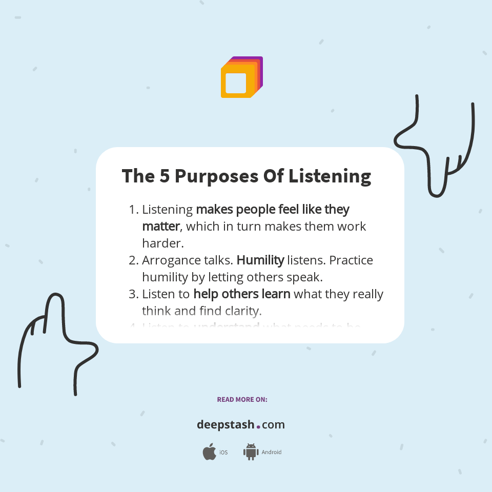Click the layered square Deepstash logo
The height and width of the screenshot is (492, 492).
click(x=241, y=77)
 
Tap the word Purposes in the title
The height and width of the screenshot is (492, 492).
click(x=216, y=176)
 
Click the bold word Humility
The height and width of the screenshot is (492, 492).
click(x=260, y=260)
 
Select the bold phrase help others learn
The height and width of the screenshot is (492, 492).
click(x=242, y=294)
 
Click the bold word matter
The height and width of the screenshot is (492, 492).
click(x=161, y=226)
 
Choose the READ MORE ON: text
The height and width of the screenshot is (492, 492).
click(x=242, y=399)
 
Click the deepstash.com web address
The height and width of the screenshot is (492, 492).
click(x=241, y=425)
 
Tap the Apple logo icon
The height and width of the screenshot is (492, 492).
click(x=209, y=452)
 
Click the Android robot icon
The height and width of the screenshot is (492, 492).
click(x=250, y=452)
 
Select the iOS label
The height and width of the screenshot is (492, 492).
click(x=223, y=453)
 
